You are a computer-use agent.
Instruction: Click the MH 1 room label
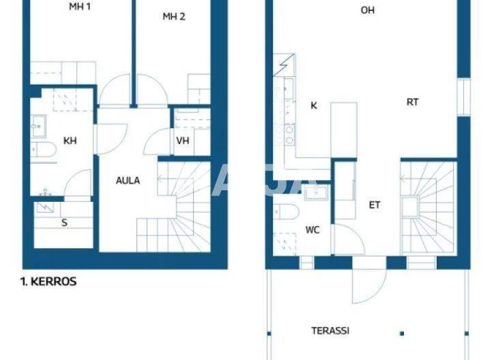pos(79,8)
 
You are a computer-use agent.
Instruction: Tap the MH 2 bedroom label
pos(174,17)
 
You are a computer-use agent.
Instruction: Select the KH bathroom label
pos(70,141)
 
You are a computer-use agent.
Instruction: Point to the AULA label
pos(127,181)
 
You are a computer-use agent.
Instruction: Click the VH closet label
pos(183,141)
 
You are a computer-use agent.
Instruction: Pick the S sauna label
pos(64,223)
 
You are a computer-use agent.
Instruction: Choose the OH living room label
pos(367,10)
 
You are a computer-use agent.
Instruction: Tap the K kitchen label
pos(314,105)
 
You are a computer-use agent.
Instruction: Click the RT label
pos(412,102)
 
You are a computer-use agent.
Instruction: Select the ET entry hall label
pos(374,205)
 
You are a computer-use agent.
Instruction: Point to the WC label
pos(313,229)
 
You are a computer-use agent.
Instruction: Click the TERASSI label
pos(330,330)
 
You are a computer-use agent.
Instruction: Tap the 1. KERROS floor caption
pos(49,282)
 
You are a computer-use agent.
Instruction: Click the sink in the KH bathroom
pos(38,126)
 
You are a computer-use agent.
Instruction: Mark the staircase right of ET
pos(426,206)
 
